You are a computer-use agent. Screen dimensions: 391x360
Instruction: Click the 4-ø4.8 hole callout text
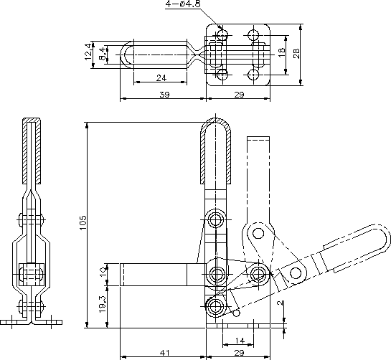coord(183,4)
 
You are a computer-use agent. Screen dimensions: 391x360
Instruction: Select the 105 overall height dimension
coord(83,222)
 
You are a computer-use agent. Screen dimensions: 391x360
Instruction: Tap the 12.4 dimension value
coord(88,52)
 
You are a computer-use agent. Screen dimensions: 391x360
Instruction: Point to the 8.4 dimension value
coord(103,54)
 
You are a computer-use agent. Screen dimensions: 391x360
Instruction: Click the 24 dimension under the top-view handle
coord(161,78)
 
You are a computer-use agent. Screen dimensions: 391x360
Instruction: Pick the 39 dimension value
coord(164,95)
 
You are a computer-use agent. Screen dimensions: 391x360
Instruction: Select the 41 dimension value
coord(164,353)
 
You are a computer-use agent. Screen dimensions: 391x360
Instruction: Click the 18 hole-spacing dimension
coord(281,52)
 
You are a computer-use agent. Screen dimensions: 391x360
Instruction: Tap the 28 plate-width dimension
coord(296,53)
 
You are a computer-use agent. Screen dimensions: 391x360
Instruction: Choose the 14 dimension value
coord(240,341)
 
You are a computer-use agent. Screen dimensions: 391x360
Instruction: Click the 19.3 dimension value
coord(103,304)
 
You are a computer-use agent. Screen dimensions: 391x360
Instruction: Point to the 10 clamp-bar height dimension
coord(103,271)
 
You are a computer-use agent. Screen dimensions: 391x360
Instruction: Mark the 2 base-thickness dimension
coord(281,303)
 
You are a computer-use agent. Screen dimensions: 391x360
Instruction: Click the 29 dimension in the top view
coord(239,95)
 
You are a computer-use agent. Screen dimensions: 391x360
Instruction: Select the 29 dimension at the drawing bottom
coord(239,353)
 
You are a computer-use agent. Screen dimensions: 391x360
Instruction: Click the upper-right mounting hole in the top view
coord(253,34)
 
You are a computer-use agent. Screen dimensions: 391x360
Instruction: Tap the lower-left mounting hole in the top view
coord(222,75)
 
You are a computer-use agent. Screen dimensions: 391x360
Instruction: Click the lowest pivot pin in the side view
coord(215,306)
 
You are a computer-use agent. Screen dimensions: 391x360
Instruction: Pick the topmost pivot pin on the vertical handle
coord(215,219)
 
